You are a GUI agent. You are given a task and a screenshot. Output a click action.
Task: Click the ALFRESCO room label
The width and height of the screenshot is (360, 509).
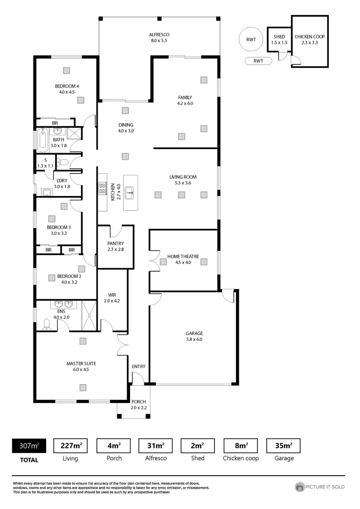pyautogui.click(x=159, y=35)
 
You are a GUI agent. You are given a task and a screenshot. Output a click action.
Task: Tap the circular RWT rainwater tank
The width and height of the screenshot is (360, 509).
pyautogui.click(x=251, y=40)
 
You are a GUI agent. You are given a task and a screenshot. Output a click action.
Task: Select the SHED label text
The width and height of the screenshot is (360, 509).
pyautogui.click(x=279, y=36)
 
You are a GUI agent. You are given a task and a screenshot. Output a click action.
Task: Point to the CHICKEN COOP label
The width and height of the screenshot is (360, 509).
pyautogui.click(x=310, y=36)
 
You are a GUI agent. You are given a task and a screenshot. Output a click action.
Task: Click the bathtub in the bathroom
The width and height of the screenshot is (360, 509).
pyautogui.click(x=42, y=140)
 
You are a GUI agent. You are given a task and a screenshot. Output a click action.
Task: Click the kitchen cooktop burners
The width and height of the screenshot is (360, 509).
pyautogui.click(x=102, y=189)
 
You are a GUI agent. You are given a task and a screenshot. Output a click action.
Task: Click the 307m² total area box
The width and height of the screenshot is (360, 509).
pyautogui.click(x=29, y=445)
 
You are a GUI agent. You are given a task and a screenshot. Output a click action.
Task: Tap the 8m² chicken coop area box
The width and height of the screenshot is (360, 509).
pyautogui.click(x=241, y=445)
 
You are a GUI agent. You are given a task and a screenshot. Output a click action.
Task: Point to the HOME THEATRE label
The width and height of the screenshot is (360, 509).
pyautogui.click(x=183, y=257)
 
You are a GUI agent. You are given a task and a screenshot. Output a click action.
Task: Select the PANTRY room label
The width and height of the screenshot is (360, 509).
pyautogui.click(x=115, y=243)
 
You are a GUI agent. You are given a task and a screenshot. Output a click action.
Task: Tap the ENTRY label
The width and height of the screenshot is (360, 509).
pyautogui.click(x=139, y=367)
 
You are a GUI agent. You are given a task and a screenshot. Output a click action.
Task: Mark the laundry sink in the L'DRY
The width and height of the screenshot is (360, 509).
pyautogui.click(x=47, y=192)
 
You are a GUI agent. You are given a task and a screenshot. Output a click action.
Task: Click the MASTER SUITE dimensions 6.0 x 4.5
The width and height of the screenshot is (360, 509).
pyautogui.click(x=81, y=369)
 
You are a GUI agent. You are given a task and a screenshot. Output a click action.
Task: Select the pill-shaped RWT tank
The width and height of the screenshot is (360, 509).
pyautogui.click(x=258, y=61)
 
